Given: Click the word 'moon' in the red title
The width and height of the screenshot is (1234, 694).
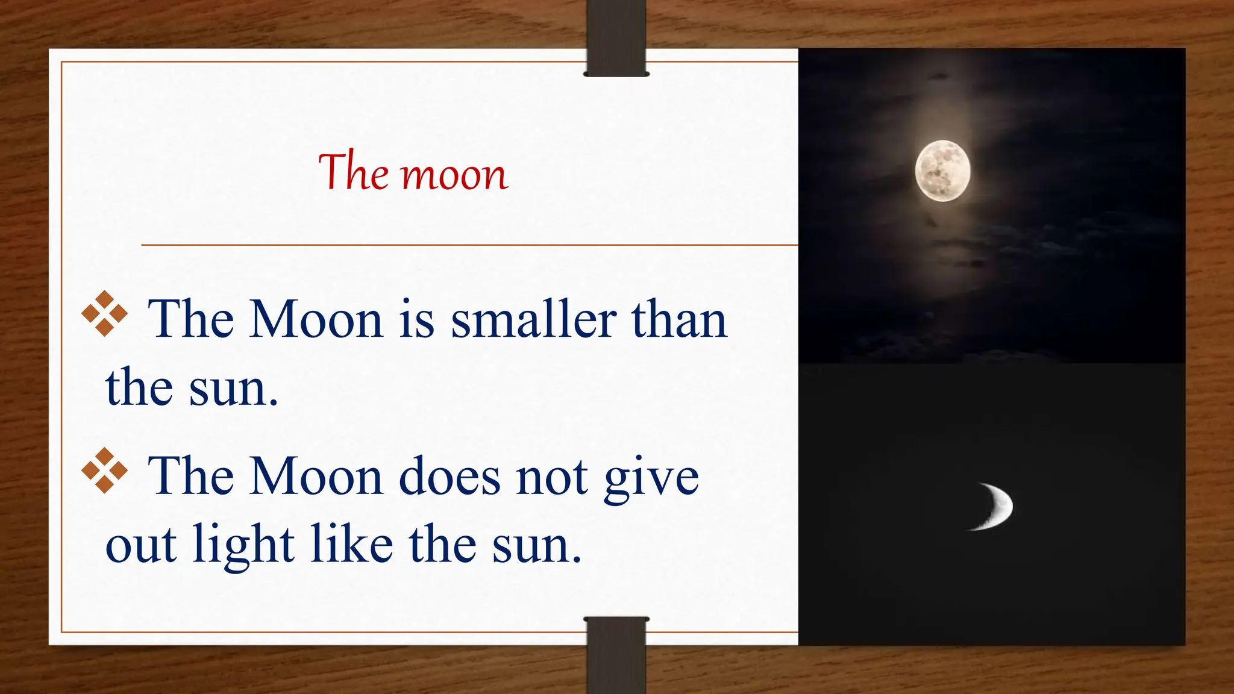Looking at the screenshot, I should tap(455, 176).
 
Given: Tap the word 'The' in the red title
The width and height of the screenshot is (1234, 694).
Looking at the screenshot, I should tap(354, 172).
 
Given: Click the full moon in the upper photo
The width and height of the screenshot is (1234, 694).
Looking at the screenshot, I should tap(942, 170).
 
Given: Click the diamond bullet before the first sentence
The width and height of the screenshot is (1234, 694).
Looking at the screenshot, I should tap(105, 313).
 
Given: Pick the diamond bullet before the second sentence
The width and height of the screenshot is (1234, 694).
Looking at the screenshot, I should tap(105, 470).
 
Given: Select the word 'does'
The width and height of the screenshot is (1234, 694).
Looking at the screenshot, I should tap(449, 477).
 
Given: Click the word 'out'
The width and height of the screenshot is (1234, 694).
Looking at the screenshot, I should tap(142, 545).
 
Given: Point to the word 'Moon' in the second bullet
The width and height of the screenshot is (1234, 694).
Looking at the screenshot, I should tap(316, 477).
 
